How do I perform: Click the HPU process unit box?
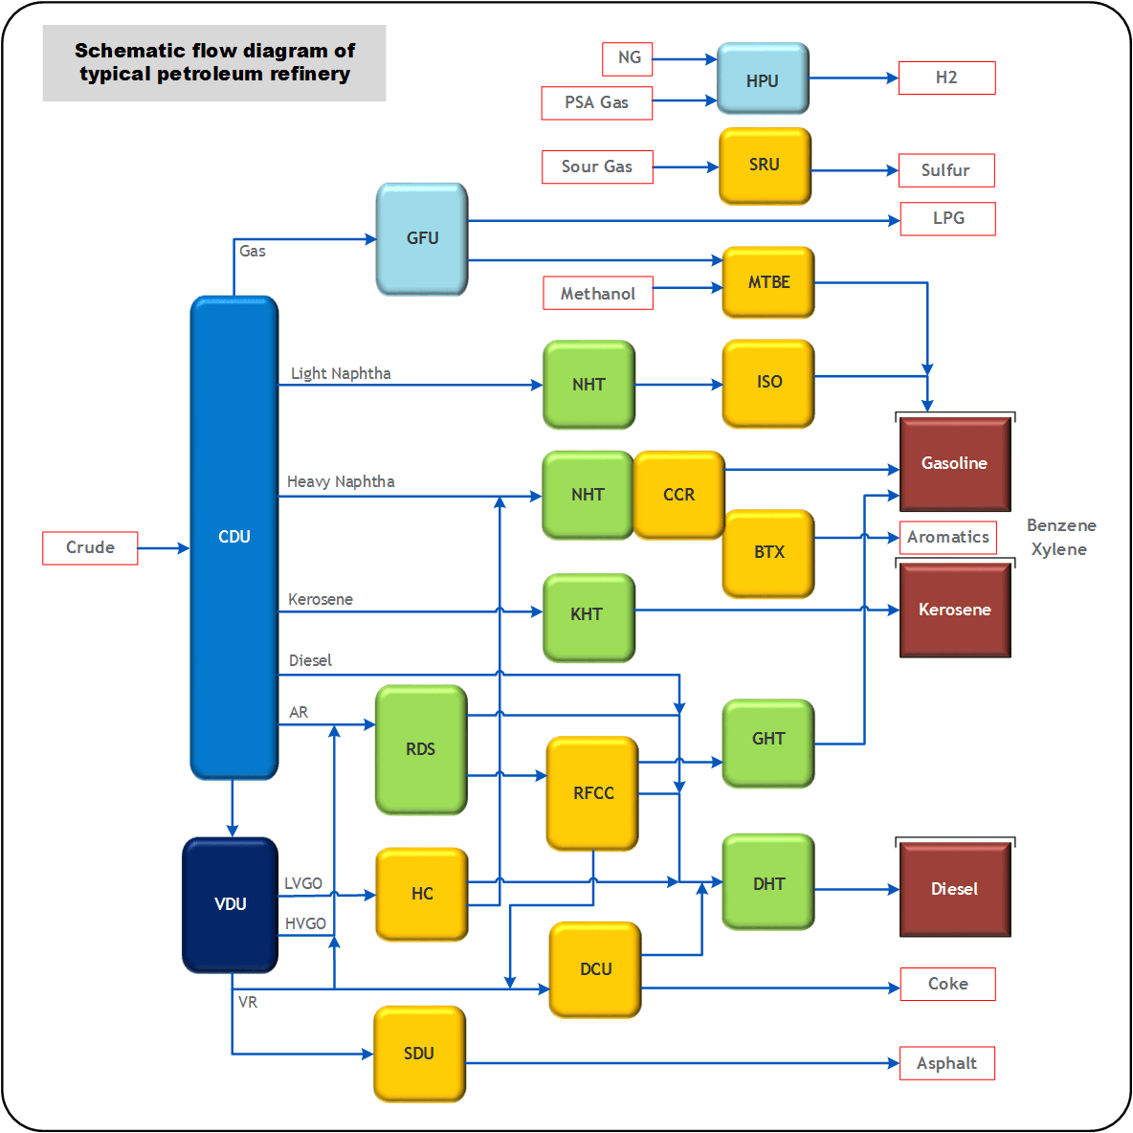tap(763, 79)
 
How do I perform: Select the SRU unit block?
tap(765, 166)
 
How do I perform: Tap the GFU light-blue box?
tap(422, 238)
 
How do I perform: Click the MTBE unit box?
tap(768, 282)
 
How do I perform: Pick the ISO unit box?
tap(768, 383)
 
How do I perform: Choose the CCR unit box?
tap(678, 495)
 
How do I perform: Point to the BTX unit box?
tap(768, 552)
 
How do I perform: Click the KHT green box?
tap(588, 615)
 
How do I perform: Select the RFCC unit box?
tap(592, 792)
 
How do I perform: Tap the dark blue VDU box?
tap(231, 904)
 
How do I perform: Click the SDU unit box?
tap(419, 1054)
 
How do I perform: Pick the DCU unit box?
tap(595, 969)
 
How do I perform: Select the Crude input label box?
tap(90, 547)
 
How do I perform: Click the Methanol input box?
tap(598, 293)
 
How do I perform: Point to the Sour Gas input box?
tap(597, 167)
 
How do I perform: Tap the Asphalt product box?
tap(946, 1063)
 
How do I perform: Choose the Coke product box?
tap(947, 984)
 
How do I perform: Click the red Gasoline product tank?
tap(955, 464)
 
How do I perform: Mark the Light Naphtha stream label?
tap(341, 373)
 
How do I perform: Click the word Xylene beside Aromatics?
tap(1058, 549)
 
